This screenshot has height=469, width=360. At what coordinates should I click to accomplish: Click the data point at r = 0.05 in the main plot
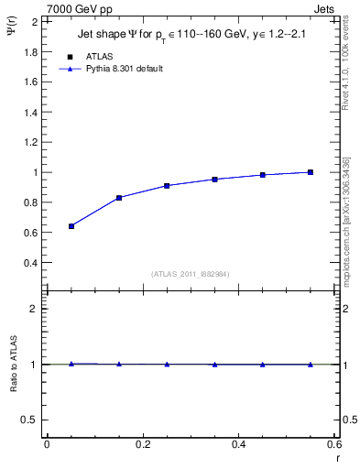[x=71, y=225]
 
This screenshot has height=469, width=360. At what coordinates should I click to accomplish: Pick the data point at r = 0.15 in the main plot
[x=119, y=197]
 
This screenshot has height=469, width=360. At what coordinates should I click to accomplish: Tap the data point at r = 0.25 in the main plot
[x=167, y=185]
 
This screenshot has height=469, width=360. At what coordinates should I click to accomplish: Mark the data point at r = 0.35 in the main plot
[x=214, y=179]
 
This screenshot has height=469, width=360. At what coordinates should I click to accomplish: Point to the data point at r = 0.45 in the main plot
[x=263, y=174]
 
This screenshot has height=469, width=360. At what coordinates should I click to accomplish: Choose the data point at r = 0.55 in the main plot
[x=311, y=172]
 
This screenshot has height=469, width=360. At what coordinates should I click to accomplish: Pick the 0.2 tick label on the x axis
[x=142, y=443]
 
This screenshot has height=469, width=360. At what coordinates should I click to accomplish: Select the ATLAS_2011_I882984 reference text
[x=191, y=274]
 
